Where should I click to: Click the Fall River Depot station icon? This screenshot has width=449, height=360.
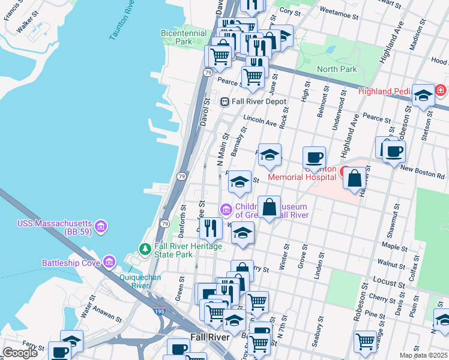tap(225, 101)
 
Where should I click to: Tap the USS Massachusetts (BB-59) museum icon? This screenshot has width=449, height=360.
tap(101, 226)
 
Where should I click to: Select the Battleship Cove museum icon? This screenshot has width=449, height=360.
tap(109, 262)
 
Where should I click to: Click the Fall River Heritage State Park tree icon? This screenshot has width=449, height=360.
tap(144, 248)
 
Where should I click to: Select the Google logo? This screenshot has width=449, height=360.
tap(20, 353)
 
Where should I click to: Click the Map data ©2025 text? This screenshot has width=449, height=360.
tap(424, 355)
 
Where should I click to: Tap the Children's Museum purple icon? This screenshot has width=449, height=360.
tap(226, 209)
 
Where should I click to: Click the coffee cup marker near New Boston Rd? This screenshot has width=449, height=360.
tap(394, 152)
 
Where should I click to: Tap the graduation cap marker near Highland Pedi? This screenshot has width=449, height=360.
tap(423, 96)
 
